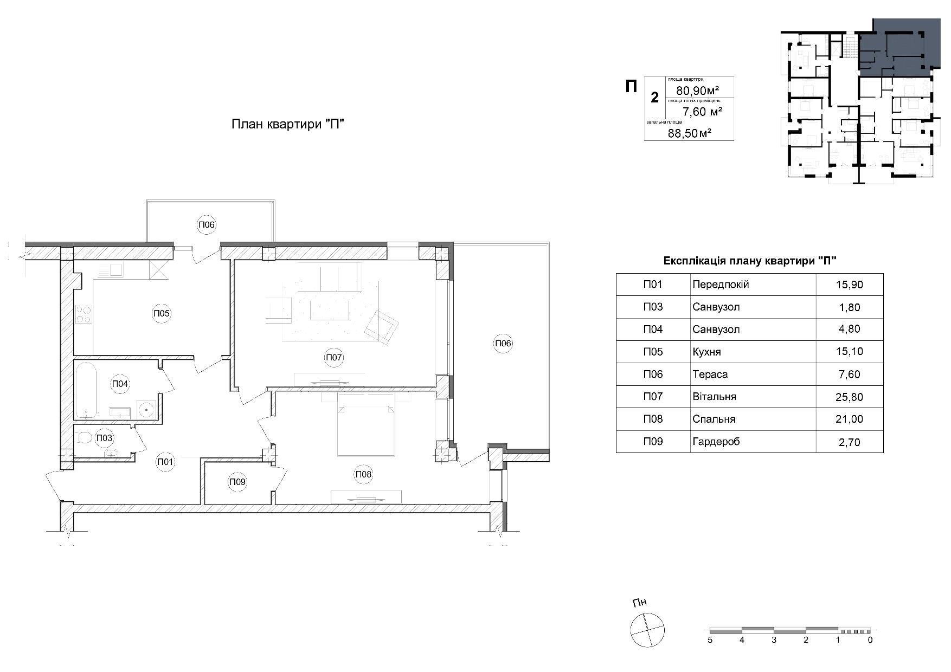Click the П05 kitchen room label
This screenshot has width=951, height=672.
coord(162,313)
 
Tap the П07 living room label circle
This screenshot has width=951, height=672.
coord(334,358)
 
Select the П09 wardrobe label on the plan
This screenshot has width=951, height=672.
coord(237,482)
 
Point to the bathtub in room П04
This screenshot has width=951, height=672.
coord(86,390)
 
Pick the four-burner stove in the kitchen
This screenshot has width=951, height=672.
coord(83,315)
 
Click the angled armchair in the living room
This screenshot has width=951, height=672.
coord(382,327)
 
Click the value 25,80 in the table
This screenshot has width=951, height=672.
coord(849,397)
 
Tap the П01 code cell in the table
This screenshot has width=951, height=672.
coord(653,284)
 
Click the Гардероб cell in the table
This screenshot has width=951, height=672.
coord(753,441)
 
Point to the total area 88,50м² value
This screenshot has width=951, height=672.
coord(690,133)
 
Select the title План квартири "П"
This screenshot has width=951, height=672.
coord(288,124)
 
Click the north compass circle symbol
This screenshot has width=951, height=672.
coord(647,630)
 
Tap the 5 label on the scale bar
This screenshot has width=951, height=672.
coord(710,640)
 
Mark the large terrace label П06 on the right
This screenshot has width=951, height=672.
coord(503,343)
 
